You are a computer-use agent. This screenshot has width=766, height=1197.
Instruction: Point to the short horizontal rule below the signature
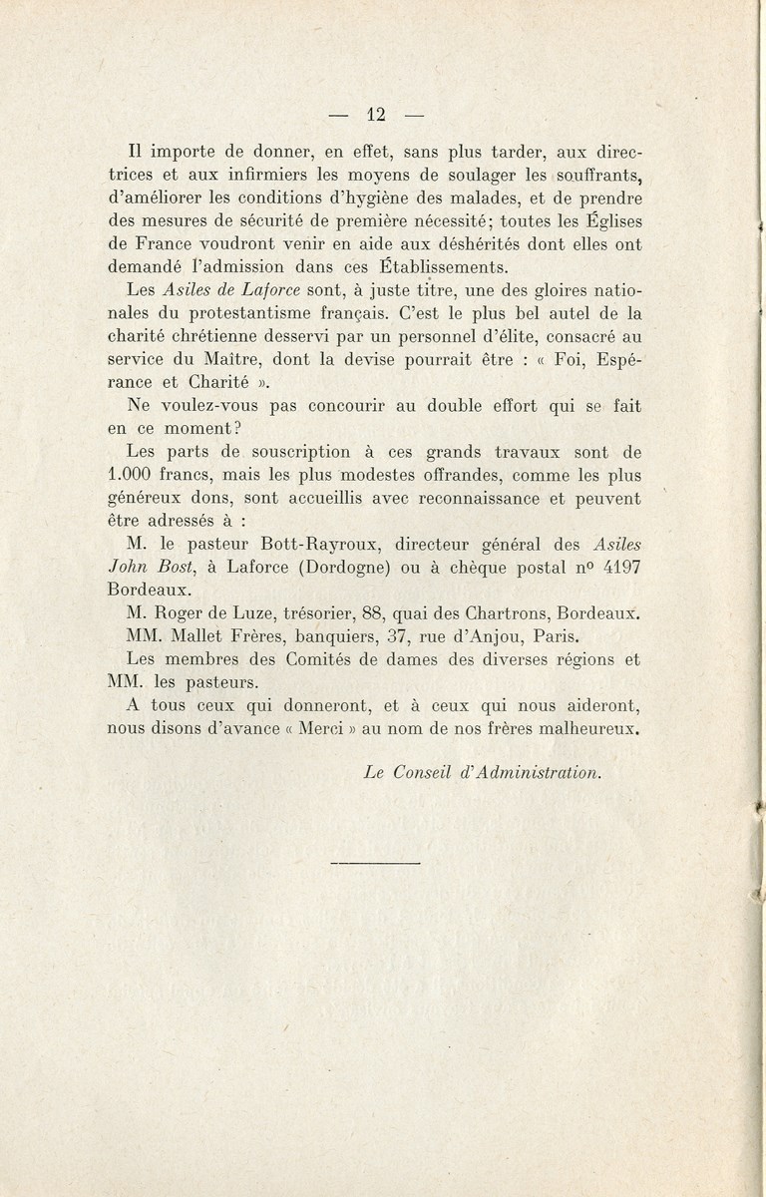tap(374, 861)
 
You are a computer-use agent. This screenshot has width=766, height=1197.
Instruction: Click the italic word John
tap(127, 567)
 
